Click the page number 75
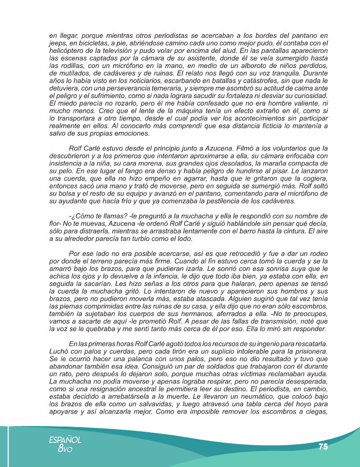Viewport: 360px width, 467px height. (323, 446)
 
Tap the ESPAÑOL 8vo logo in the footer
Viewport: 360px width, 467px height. (65, 443)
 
